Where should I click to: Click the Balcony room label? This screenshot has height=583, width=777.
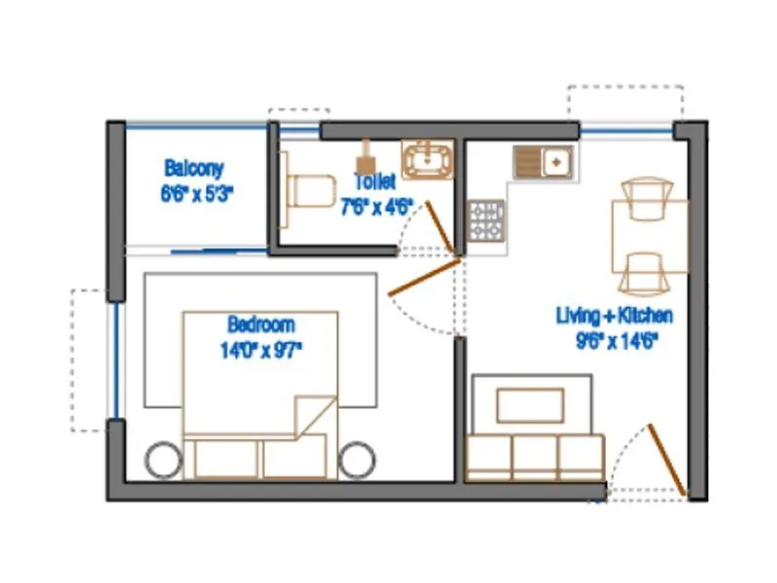point(194,166)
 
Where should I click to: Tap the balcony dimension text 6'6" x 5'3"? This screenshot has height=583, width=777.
point(197,192)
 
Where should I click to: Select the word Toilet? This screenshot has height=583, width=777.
point(374,182)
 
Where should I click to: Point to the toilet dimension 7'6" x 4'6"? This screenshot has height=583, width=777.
point(377,205)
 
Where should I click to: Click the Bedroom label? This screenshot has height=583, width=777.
point(260,325)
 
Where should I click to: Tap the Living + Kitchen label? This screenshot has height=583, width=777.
point(614,316)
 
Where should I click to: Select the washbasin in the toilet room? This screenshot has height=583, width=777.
point(428,159)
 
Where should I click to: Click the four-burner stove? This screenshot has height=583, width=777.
point(487,220)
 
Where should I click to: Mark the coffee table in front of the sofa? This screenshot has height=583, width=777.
point(530,405)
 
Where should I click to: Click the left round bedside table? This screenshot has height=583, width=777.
point(162,458)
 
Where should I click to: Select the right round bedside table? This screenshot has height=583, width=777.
point(357,458)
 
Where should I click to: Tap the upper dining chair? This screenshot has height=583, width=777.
point(645,199)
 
